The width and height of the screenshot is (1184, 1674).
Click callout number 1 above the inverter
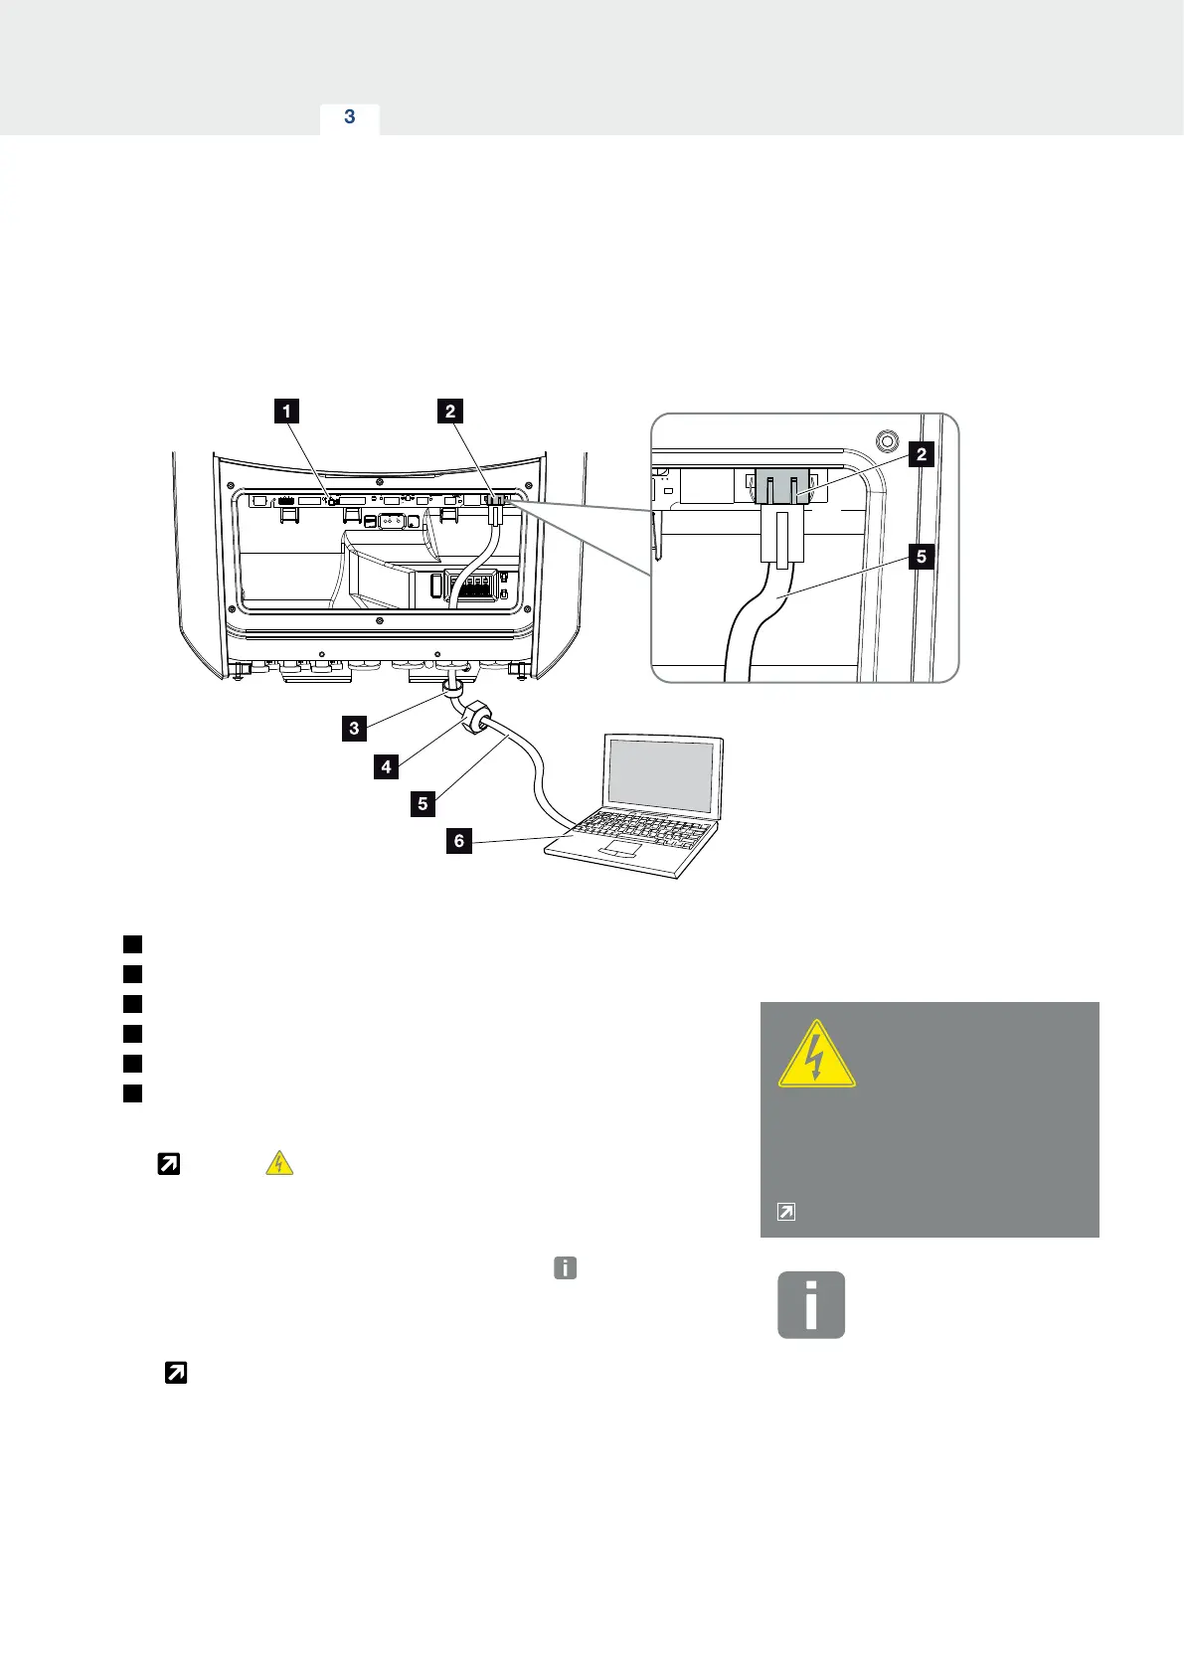[286, 411]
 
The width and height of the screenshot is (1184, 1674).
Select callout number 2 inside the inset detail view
[922, 455]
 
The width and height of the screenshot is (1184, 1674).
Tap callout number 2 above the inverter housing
[450, 411]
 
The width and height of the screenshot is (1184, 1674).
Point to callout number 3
[354, 729]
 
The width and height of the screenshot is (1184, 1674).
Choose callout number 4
[386, 766]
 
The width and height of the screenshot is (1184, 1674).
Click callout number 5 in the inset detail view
[922, 557]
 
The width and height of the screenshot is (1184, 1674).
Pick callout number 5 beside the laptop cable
[423, 803]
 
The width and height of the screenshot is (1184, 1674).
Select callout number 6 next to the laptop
[458, 841]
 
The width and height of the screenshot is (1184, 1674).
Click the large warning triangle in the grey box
[816, 1054]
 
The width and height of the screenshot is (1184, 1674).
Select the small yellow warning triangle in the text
[279, 1163]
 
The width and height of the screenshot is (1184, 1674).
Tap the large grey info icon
[811, 1304]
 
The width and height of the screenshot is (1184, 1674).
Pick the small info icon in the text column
[565, 1267]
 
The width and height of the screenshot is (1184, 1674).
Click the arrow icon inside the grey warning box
[785, 1212]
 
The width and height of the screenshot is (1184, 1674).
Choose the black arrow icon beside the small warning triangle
[169, 1163]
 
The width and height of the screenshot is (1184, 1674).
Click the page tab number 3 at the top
[349, 117]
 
